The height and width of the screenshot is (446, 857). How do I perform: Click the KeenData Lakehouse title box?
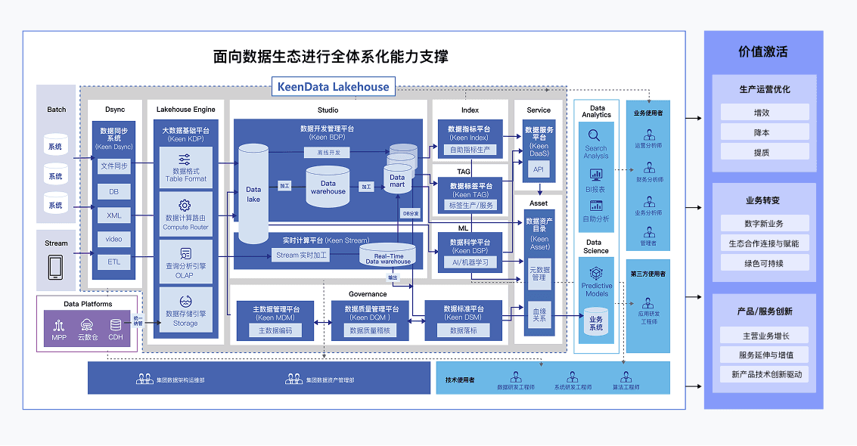tap(333, 86)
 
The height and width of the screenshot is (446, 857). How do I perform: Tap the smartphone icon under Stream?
tap(56, 266)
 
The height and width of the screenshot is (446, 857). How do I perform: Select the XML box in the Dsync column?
tap(113, 215)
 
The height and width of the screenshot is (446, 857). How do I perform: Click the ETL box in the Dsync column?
tap(113, 262)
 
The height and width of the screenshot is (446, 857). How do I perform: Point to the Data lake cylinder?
tap(253, 194)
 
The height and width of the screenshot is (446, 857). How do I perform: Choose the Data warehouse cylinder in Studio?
tap(328, 187)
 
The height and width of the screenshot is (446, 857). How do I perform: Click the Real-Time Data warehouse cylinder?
tap(388, 255)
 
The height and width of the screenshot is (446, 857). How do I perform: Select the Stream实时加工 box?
tap(302, 256)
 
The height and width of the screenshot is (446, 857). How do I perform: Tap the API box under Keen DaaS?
tap(539, 169)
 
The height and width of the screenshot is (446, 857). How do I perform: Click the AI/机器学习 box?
tap(470, 262)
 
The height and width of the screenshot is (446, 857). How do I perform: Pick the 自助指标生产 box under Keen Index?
tap(470, 150)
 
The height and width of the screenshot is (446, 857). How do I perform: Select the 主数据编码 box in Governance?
tap(276, 330)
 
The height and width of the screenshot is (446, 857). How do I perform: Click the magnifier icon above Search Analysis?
tap(596, 135)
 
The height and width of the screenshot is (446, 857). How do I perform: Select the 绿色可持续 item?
tap(765, 264)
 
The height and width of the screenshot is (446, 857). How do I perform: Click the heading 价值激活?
tap(763, 52)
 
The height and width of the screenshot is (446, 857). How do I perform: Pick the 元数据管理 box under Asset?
tap(539, 273)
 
